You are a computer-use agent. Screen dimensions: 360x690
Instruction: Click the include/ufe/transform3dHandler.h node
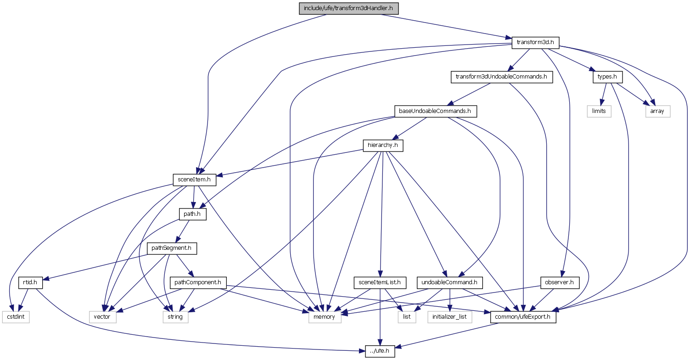(x=349, y=8)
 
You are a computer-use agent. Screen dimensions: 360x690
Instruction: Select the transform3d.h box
(x=535, y=43)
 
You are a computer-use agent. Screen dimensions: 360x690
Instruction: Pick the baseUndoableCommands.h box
(x=435, y=111)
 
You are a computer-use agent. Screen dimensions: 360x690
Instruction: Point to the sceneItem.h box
(x=194, y=180)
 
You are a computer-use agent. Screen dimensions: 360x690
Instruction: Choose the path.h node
(x=193, y=214)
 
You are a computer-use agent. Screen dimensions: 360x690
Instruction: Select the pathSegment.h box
(x=172, y=248)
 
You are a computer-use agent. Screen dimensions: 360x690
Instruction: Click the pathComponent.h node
(x=198, y=282)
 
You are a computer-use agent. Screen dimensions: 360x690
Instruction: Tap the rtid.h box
(x=31, y=282)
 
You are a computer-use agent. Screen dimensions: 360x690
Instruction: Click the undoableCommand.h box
(x=449, y=282)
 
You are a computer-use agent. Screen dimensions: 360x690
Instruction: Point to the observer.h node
(x=560, y=282)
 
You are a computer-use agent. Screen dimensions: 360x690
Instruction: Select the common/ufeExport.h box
(x=523, y=317)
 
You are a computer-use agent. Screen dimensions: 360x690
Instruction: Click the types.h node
(x=607, y=77)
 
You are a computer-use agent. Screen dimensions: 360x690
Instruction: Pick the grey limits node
(x=599, y=111)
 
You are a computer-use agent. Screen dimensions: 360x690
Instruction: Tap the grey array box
(x=658, y=111)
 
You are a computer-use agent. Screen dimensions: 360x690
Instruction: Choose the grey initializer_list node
(x=449, y=317)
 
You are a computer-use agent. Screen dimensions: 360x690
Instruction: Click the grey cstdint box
(x=16, y=317)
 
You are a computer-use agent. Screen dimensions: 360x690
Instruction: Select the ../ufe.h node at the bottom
(x=381, y=351)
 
